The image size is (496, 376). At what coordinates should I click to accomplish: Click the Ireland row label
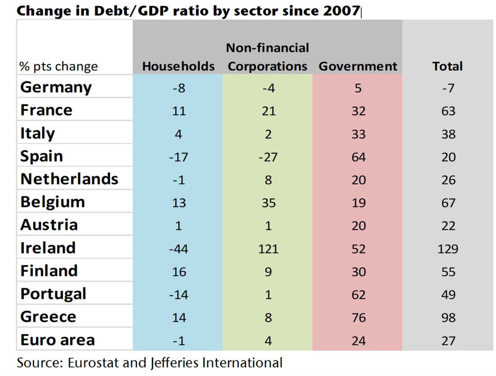point(48,248)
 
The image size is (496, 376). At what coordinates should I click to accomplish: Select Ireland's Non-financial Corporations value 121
point(268,249)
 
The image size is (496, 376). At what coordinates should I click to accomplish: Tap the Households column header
point(178,66)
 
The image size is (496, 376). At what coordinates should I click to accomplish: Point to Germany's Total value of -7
point(448,88)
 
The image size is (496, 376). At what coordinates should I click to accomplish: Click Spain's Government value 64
point(358,157)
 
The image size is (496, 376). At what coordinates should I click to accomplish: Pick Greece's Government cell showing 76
point(358,317)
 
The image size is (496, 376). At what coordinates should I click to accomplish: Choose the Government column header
point(358,66)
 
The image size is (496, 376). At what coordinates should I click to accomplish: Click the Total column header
point(447,66)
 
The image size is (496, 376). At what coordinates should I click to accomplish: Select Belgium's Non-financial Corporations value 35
point(269,203)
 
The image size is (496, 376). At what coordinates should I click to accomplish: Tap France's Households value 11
point(179,111)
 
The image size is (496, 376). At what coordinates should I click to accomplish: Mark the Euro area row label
point(58,340)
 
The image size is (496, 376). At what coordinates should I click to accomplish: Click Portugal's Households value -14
point(178,295)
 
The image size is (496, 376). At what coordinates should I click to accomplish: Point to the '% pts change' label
point(59,66)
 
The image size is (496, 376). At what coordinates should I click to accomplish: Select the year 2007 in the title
point(341,11)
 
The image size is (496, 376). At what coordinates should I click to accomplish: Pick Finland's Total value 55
point(448,272)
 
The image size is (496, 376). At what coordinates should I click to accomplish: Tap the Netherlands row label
point(69,179)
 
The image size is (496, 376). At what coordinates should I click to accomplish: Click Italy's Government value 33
point(358,134)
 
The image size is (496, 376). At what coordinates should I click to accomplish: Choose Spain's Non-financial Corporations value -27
point(268,157)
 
